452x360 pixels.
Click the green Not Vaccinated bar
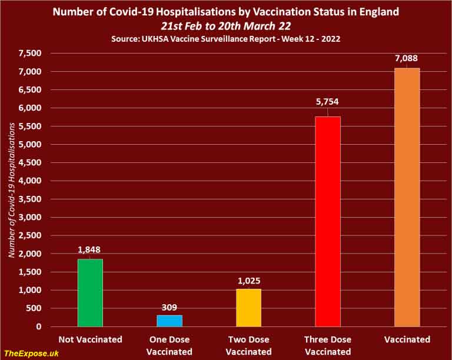coord(90,292)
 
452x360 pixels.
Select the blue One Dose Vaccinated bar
coord(169,321)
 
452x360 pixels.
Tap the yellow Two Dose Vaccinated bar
coord(248,308)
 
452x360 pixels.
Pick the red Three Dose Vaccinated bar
coord(328,221)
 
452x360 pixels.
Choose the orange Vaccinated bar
coord(407,197)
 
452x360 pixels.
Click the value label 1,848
coord(90,249)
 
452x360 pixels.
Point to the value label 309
coord(169,306)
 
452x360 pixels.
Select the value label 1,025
coord(248,280)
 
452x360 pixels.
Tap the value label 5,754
coord(328,102)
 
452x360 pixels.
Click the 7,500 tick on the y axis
coord(29,54)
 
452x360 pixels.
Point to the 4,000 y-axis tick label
coord(29,181)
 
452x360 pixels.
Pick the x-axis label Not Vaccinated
coord(90,339)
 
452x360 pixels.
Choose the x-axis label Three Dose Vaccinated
coord(328,345)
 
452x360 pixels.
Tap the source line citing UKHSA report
coord(226,38)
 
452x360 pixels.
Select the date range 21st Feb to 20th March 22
coord(226,25)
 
